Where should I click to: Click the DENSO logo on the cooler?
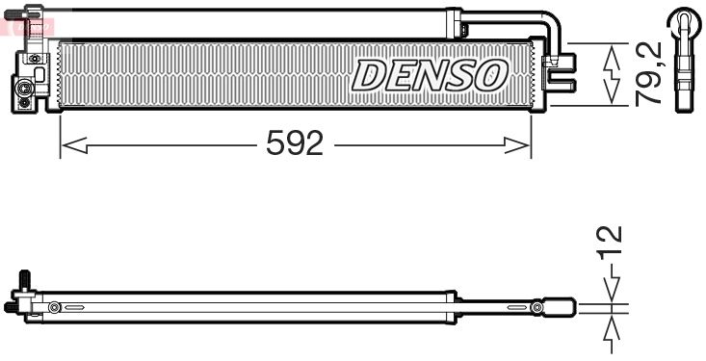pyautogui.click(x=430, y=75)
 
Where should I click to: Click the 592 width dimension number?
pyautogui.click(x=294, y=145)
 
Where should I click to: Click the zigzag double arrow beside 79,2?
pyautogui.click(x=610, y=74)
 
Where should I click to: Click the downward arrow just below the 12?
pyautogui.click(x=611, y=289)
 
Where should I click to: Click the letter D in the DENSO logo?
pyautogui.click(x=369, y=75)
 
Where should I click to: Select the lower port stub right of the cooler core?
pyautogui.click(x=565, y=86)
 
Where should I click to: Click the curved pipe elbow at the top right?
pyautogui.click(x=548, y=24)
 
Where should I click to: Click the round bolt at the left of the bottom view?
pyautogui.click(x=54, y=308)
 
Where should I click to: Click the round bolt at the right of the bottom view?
pyautogui.click(x=537, y=308)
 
